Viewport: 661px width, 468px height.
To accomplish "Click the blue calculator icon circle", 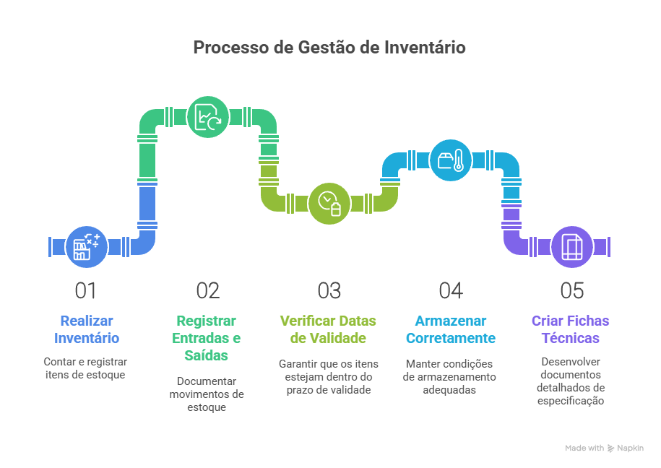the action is pyautogui.click(x=87, y=247).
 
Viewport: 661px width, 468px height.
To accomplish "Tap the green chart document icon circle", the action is pyautogui.click(x=208, y=117).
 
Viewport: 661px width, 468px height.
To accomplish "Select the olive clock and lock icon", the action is pyautogui.click(x=329, y=204).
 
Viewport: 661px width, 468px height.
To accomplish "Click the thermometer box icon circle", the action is pyautogui.click(x=451, y=160).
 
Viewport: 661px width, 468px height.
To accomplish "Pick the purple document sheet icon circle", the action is pyautogui.click(x=572, y=247).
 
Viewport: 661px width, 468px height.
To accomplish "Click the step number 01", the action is pyautogui.click(x=85, y=291).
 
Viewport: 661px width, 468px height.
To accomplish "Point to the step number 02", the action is pyautogui.click(x=208, y=291).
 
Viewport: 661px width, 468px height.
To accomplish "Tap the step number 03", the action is pyautogui.click(x=329, y=291).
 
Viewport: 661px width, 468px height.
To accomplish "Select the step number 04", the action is pyautogui.click(x=451, y=291).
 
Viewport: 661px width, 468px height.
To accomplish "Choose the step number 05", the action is pyautogui.click(x=572, y=291).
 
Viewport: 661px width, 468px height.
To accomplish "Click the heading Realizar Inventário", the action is pyautogui.click(x=87, y=329).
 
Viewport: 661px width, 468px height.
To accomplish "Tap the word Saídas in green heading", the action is pyautogui.click(x=206, y=355).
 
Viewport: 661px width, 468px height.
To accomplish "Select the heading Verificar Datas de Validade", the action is pyautogui.click(x=328, y=329).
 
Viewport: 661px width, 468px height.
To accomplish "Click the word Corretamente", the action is pyautogui.click(x=451, y=338).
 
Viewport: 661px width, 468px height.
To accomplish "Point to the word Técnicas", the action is pyautogui.click(x=571, y=338).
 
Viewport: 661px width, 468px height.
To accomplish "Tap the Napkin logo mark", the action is pyautogui.click(x=611, y=448).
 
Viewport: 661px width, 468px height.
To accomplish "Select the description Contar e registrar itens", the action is pyautogui.click(x=85, y=368).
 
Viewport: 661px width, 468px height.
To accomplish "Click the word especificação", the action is pyautogui.click(x=571, y=401).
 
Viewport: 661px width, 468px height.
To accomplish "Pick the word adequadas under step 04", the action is pyautogui.click(x=449, y=390).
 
